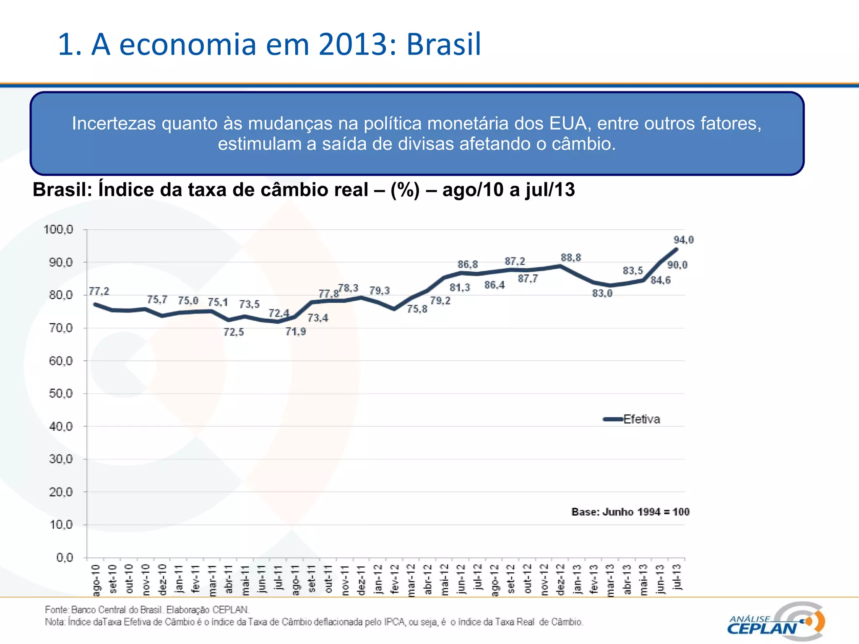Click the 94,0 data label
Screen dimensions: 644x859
683,240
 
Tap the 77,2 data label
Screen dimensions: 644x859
99,291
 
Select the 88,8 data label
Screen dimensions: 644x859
571,257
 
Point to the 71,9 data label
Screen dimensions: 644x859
296,332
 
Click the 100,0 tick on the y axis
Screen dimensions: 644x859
58,229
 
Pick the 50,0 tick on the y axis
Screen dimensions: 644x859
61,393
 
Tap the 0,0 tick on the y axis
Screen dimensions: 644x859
65,558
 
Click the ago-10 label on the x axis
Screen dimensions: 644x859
96,580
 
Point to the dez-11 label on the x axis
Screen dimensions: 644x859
361,579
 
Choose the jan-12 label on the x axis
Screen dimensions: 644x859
378,579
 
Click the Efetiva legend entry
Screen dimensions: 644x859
641,419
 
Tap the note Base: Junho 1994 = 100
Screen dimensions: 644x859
630,512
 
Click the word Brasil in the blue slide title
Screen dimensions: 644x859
444,44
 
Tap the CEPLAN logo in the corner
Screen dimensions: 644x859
776,621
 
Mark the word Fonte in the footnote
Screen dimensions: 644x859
56,610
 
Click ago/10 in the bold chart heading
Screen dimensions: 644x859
473,190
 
